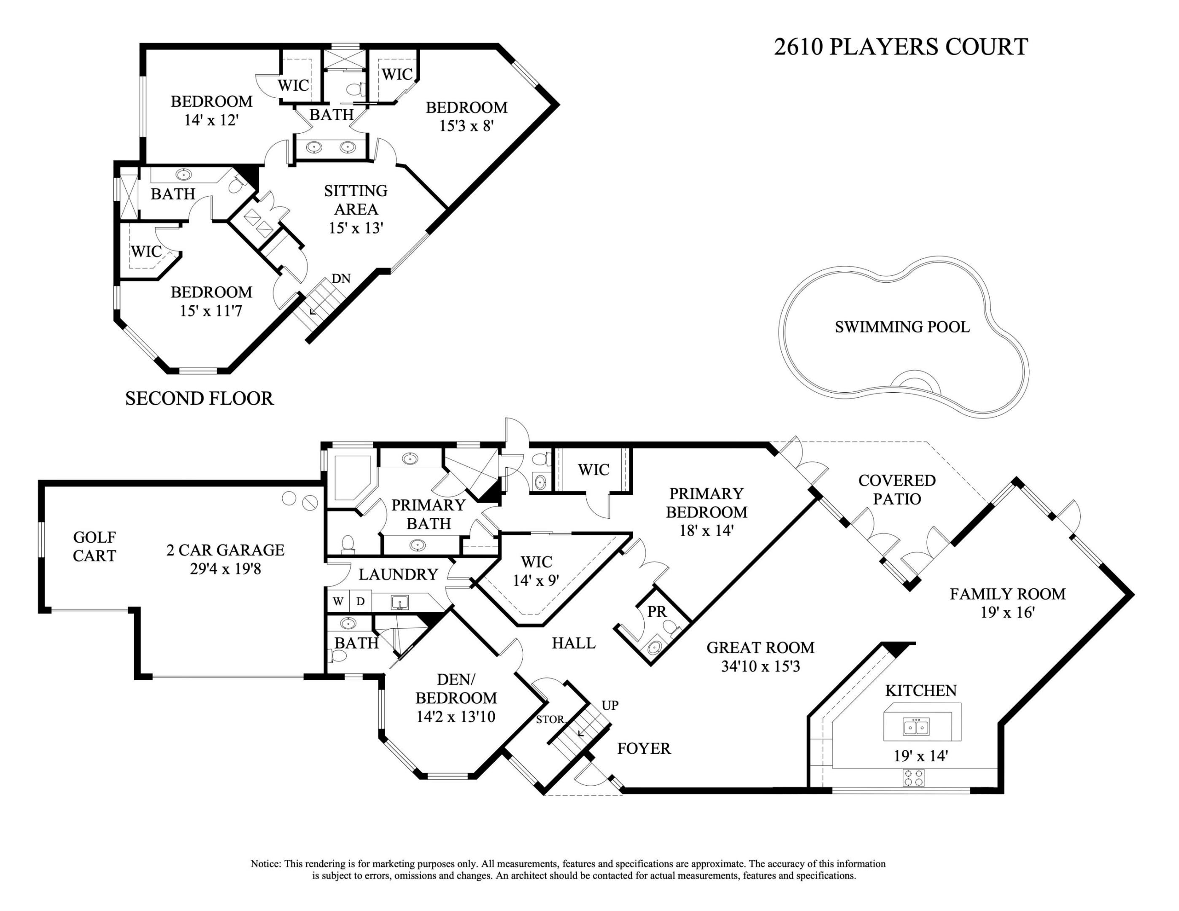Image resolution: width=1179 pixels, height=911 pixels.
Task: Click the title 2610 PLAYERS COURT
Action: click(901, 47)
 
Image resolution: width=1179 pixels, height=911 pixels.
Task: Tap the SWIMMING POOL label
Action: click(902, 327)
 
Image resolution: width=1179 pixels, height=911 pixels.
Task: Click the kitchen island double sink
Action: click(916, 727)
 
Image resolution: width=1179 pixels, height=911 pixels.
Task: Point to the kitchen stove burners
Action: click(913, 778)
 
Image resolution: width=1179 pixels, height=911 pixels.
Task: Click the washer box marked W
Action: click(338, 601)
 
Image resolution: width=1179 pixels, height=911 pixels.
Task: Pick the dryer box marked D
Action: click(360, 601)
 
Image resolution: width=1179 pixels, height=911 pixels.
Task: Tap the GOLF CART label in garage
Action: click(94, 546)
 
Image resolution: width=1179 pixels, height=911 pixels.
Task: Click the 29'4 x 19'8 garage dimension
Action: click(226, 569)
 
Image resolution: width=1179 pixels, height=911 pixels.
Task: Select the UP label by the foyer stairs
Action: click(610, 705)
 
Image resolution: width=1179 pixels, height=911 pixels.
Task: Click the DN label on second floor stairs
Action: click(341, 278)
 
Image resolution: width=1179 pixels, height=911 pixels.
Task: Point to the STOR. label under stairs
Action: click(550, 720)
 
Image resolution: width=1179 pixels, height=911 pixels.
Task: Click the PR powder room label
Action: click(657, 612)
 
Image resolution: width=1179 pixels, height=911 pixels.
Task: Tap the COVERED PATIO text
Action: click(897, 490)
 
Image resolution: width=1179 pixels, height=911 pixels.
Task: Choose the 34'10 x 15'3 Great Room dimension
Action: click(760, 666)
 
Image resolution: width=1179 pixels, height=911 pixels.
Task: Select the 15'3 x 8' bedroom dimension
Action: click(467, 126)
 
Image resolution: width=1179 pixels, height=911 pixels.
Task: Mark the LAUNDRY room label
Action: click(398, 574)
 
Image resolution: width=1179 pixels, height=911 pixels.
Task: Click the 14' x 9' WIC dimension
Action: click(536, 581)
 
